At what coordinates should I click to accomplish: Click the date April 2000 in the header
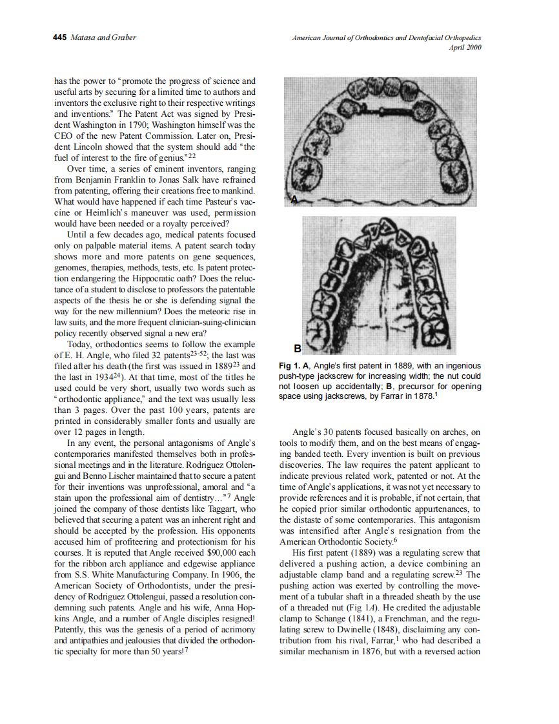pyautogui.click(x=465, y=47)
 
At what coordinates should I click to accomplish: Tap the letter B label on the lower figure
pyautogui.click(x=297, y=348)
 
